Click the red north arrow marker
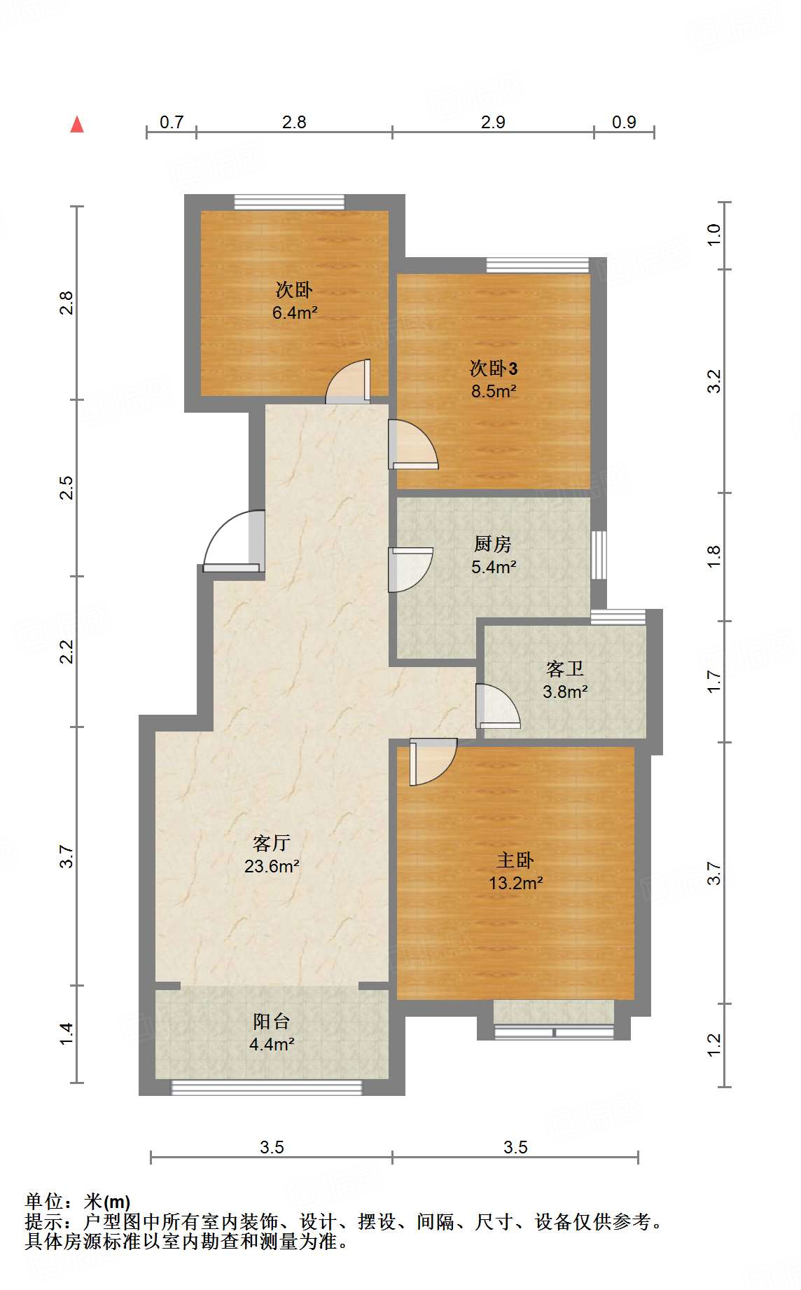pos(77,125)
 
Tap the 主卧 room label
pos(515,860)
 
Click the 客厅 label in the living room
pos(272,843)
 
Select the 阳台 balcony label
pos(272,1021)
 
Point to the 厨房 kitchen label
pos(493,544)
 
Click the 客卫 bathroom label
pos(565,668)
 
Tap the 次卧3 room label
pos(494,368)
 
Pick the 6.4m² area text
pos(295,313)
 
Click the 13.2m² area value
pos(516,883)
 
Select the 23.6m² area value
pos(272,866)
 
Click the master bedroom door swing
pos(433,762)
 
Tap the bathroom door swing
pos(497,706)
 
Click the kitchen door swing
pos(410,569)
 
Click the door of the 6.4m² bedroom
pos(348,382)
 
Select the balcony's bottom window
pos(267,1087)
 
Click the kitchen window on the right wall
pos(599,555)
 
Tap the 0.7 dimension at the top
pos(172,122)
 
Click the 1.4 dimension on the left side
pos(66,1034)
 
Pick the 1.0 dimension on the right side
pos(713,234)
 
